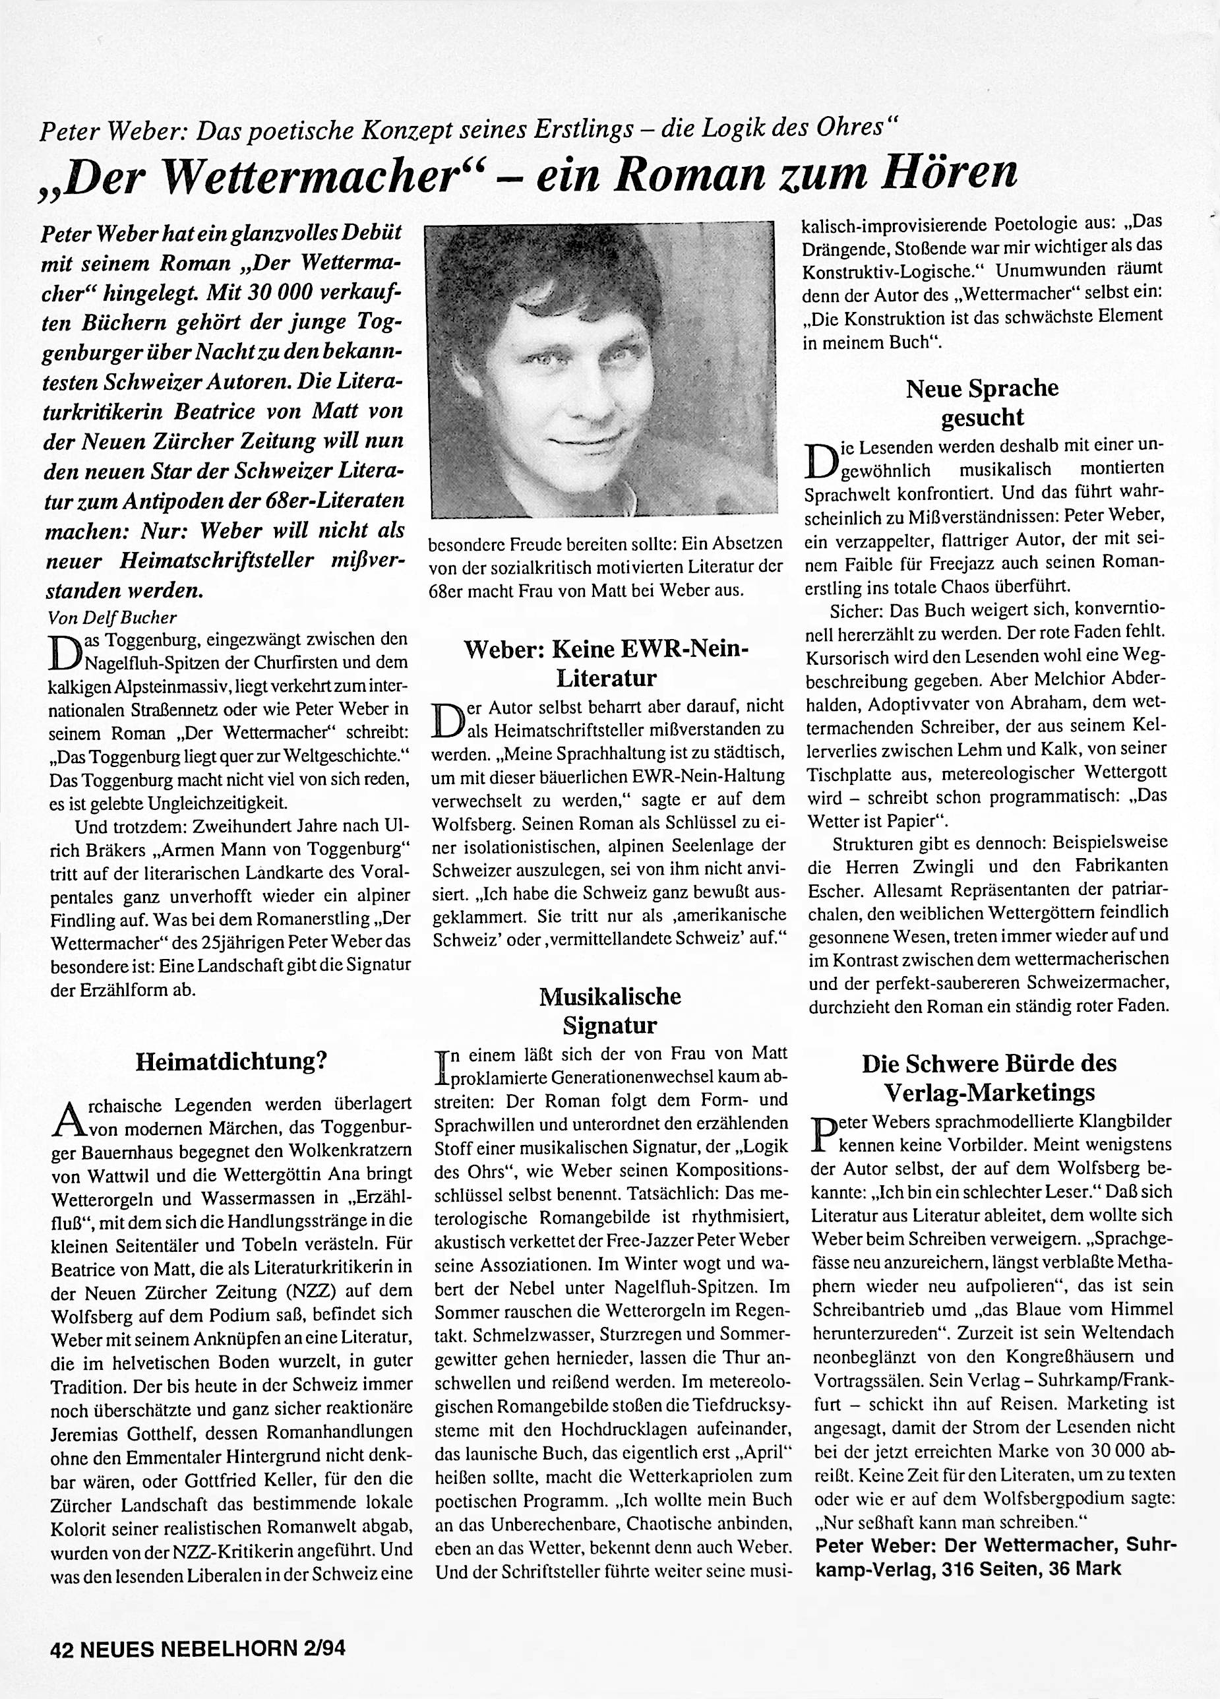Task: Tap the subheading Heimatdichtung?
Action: [x=231, y=1061]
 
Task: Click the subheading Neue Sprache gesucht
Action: [x=982, y=402]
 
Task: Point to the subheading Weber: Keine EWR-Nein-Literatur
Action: [x=607, y=663]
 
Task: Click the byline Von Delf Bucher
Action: [x=112, y=617]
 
